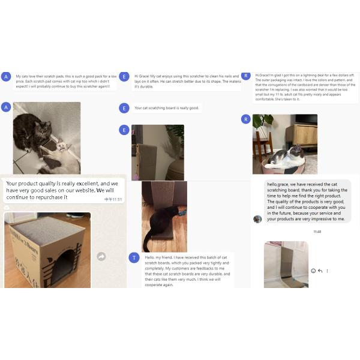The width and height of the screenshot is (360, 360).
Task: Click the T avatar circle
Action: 134,257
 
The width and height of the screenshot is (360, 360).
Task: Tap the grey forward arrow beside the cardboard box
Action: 101,256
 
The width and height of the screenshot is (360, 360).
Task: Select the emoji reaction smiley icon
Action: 313,271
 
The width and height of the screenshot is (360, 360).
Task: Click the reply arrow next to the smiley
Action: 320,271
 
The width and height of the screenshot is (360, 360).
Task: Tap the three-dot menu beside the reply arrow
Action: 327,271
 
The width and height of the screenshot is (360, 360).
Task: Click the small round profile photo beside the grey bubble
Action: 257,219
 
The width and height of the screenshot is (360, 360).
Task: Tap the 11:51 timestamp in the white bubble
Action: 113,199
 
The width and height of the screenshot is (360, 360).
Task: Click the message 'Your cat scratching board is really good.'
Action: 167,108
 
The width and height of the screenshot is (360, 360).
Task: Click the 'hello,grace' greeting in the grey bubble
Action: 281,184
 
